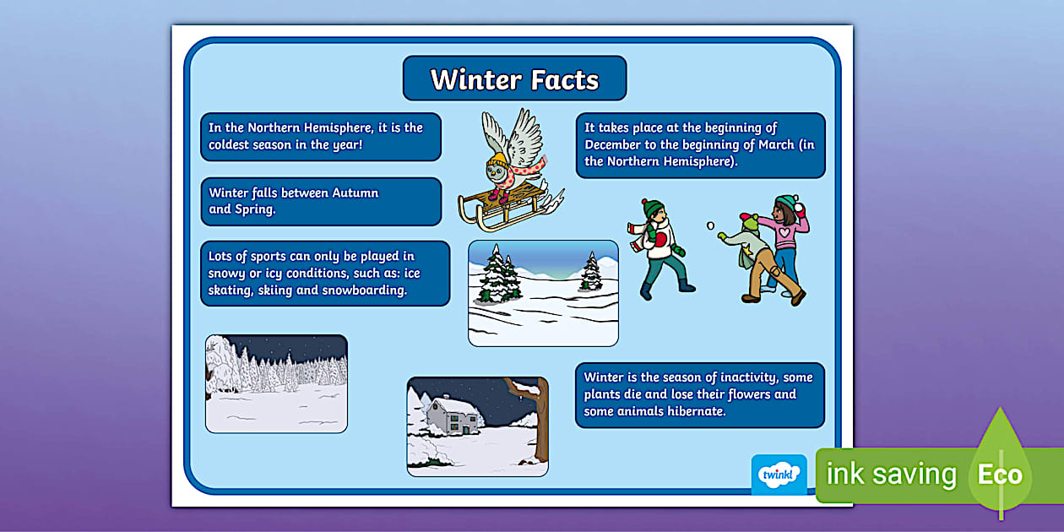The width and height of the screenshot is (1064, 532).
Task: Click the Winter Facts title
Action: pyautogui.click(x=514, y=79)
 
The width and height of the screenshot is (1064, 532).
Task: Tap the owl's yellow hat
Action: pyautogui.click(x=497, y=160)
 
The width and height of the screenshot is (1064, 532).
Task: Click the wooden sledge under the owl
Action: pyautogui.click(x=498, y=207)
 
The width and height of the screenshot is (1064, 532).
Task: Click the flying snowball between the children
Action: pyautogui.click(x=710, y=225)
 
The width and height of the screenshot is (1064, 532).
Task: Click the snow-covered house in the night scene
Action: pyautogui.click(x=452, y=415)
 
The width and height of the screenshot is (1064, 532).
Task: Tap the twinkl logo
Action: pyautogui.click(x=779, y=475)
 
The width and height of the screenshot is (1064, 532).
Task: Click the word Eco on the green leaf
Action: pyautogui.click(x=1000, y=475)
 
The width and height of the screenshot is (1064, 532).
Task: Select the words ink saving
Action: pyautogui.click(x=891, y=475)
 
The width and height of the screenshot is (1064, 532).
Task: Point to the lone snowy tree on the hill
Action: pyautogui.click(x=591, y=272)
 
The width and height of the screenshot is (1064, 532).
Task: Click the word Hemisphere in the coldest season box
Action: pyautogui.click(x=329, y=128)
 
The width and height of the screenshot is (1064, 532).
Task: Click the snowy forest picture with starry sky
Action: pyautogui.click(x=276, y=383)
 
